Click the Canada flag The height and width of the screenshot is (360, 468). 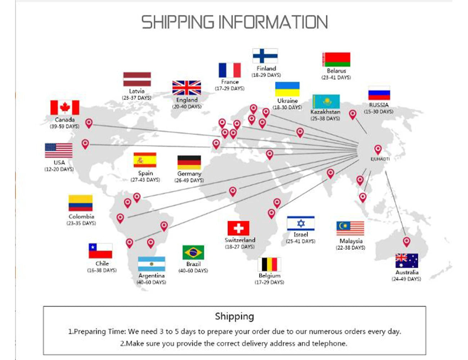65,108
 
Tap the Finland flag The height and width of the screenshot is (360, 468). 265,56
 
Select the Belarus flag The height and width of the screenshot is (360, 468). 336,59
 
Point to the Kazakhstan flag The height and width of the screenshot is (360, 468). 326,102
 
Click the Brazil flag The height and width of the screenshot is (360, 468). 193,252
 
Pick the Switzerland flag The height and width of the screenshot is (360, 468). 238,228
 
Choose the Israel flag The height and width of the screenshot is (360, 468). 301,223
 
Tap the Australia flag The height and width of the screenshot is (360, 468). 407,261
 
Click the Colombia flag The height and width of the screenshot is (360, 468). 81,203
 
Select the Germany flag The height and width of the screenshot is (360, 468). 189,162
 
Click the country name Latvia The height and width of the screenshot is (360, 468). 137,91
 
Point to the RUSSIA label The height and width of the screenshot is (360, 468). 379,105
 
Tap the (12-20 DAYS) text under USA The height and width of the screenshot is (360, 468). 59,169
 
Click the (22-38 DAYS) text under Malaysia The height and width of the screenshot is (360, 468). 351,248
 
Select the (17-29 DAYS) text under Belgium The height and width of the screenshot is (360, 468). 269,282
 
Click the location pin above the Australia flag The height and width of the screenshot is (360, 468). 406,241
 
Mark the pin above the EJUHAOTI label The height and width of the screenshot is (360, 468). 378,149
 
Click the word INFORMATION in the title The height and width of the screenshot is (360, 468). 273,22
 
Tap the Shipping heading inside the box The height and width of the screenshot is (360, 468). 234,316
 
